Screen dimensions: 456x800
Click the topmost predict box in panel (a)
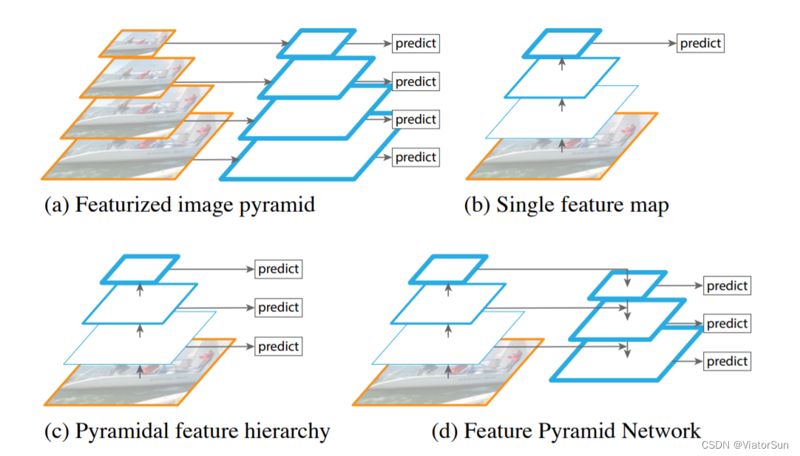(x=415, y=43)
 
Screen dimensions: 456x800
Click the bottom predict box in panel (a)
(x=415, y=157)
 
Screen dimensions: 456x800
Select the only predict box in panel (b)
(x=699, y=43)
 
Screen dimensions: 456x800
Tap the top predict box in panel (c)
(x=278, y=269)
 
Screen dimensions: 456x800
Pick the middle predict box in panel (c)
(x=278, y=307)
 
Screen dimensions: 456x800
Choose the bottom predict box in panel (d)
(x=727, y=361)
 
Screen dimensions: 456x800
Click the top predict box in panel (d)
(x=727, y=285)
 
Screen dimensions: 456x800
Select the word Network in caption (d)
(x=660, y=430)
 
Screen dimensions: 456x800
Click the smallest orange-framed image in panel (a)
(x=137, y=44)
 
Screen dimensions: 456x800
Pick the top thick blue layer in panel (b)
(x=562, y=43)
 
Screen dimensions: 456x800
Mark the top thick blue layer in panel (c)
(x=140, y=269)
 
